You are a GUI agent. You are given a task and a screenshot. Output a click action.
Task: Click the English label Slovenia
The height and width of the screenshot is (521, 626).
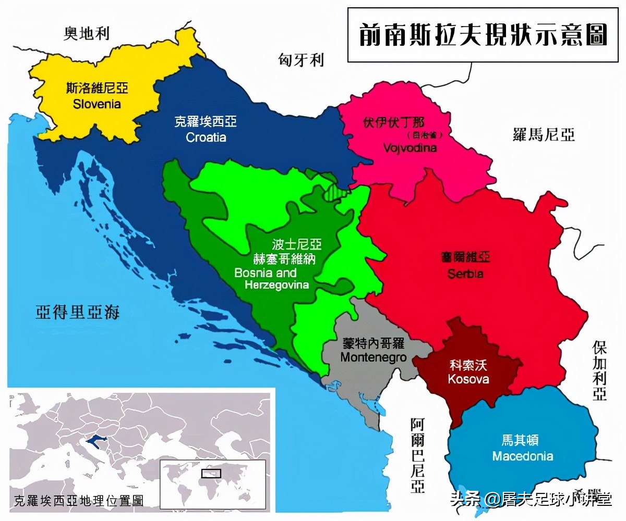tap(97, 104)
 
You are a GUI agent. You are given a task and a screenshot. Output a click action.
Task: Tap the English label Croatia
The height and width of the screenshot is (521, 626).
tap(206, 138)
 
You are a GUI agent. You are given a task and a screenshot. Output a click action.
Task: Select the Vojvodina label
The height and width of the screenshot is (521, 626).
tap(410, 148)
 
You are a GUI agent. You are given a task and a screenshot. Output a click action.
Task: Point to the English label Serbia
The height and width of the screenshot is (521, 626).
tap(465, 274)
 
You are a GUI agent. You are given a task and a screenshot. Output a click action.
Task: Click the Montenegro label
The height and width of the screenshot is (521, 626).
tap(373, 357)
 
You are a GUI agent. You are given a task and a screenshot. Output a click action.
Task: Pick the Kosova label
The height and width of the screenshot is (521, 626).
tap(468, 379)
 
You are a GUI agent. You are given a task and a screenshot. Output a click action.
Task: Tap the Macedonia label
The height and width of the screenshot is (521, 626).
tap(523, 456)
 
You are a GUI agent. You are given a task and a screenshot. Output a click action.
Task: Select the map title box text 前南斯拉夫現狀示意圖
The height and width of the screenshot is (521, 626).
tap(483, 35)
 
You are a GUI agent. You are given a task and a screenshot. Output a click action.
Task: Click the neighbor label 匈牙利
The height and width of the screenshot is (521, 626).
tap(301, 60)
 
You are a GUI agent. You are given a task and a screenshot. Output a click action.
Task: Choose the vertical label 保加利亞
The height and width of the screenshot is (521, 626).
tap(599, 370)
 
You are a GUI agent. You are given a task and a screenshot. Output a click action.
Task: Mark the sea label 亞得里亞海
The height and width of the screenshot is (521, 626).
tap(78, 312)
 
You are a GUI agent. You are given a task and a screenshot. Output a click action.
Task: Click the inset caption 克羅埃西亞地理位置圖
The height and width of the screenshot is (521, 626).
tap(79, 501)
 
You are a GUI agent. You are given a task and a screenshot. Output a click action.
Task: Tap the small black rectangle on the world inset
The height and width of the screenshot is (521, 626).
tap(211, 473)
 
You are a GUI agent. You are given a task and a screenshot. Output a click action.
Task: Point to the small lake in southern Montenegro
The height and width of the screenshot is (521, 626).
tap(372, 404)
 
